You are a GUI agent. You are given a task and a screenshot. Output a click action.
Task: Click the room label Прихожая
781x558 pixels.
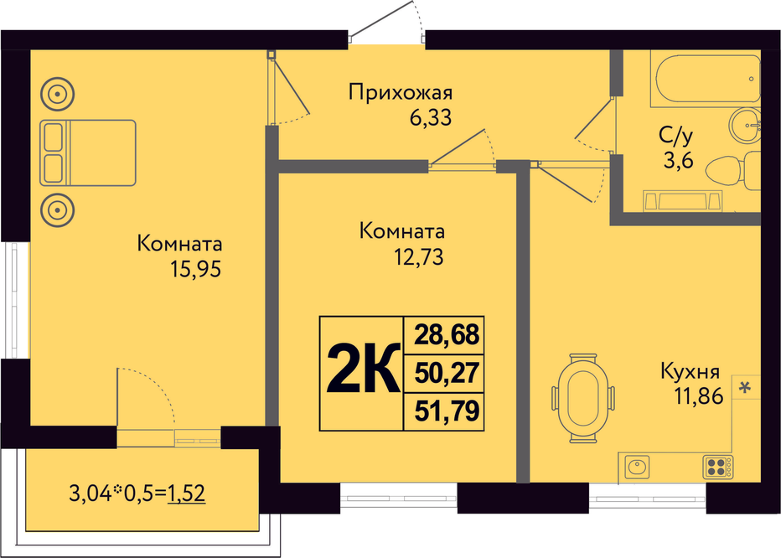pos(401,92)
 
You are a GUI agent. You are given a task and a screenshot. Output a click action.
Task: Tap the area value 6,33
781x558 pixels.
pos(430,118)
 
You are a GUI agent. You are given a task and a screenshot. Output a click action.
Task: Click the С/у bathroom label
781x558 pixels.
pos(675,135)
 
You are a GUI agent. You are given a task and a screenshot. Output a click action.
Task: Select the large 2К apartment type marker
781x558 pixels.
pos(361,373)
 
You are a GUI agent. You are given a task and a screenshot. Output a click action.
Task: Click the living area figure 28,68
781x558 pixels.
pos(446,336)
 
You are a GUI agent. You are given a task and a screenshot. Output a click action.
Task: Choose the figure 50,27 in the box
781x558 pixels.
pos(446,374)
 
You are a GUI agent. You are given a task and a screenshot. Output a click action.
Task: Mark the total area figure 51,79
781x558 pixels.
pos(446,411)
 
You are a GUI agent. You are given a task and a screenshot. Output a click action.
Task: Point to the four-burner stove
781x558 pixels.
pos(718,465)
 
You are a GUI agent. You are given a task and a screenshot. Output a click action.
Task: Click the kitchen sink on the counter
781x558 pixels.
pos(637,465)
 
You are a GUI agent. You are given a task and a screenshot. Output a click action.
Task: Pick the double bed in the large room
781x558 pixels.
pos(87,152)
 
